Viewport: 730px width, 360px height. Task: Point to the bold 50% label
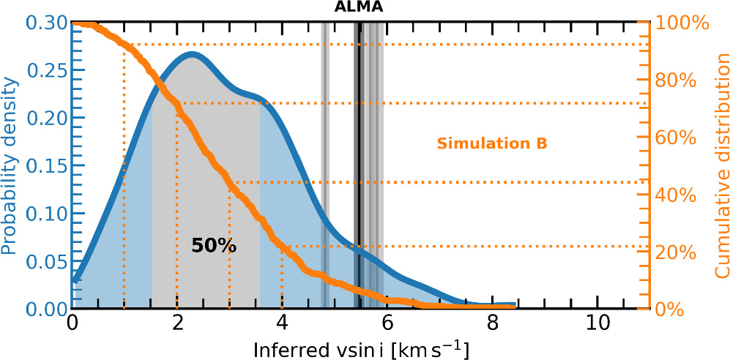click(214, 246)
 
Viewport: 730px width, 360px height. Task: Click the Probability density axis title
click(10, 163)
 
